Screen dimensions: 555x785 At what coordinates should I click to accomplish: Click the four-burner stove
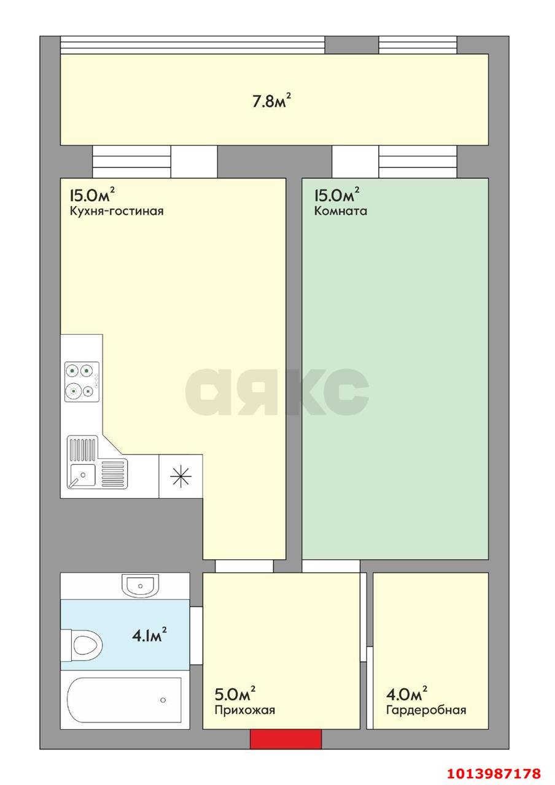coord(82,381)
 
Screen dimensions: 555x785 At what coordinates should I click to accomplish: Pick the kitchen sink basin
coord(82,475)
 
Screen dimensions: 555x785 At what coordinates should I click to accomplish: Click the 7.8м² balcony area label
coord(272,101)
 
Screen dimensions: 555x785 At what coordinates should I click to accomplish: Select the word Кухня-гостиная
coord(117,212)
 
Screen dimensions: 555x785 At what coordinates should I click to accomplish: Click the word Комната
coord(341,211)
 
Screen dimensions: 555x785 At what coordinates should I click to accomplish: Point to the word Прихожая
coord(245,710)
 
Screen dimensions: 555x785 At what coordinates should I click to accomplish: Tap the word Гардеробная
coord(426,710)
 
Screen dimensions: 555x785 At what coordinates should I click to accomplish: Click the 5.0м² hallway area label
coord(235,692)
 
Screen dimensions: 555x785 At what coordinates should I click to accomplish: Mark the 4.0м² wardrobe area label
coord(406,692)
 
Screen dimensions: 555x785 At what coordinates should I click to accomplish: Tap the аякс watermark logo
coord(277,391)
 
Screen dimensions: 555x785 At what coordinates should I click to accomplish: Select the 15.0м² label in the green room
coord(336,194)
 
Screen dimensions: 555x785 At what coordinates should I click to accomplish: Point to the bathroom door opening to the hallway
coord(196,635)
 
